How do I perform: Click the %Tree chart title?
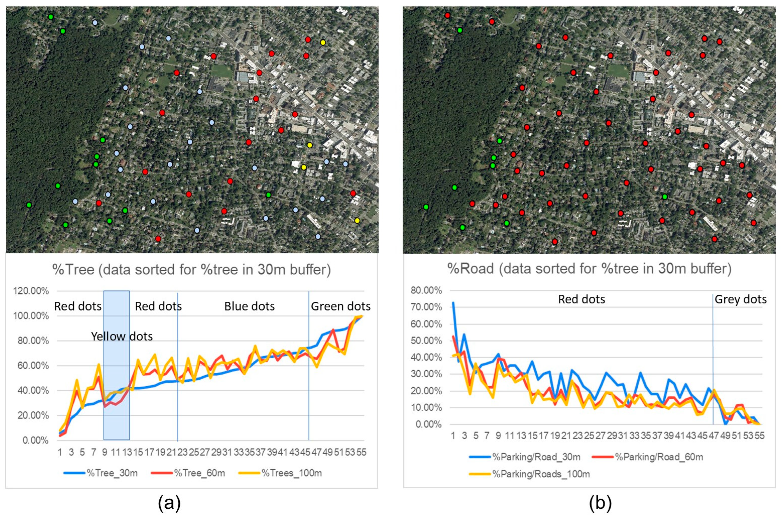[192, 270]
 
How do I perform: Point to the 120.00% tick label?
[31, 291]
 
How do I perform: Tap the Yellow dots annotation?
[122, 337]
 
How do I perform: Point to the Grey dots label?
[741, 300]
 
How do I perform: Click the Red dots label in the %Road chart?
[581, 300]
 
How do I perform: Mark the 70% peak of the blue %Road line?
[453, 303]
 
